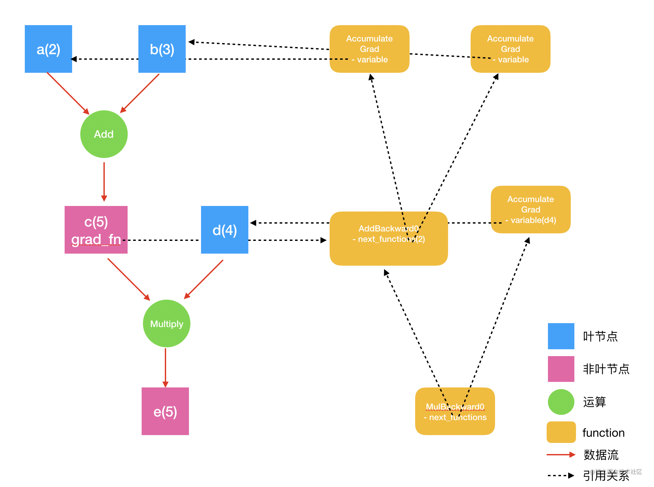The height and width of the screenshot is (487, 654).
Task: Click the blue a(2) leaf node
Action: (x=48, y=49)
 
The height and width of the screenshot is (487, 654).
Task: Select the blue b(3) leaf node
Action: (x=162, y=49)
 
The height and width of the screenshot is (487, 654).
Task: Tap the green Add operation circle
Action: (x=104, y=134)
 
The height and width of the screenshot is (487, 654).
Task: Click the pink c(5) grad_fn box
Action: (x=96, y=230)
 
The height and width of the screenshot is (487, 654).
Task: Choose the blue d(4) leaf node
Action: (x=225, y=230)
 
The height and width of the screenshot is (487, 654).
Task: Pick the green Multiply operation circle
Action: (x=166, y=323)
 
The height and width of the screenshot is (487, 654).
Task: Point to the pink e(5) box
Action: (x=165, y=411)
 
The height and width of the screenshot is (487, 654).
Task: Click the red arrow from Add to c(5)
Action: (x=104, y=182)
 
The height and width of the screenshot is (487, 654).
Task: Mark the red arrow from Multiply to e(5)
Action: (x=165, y=368)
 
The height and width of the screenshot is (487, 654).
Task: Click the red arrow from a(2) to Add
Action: (x=68, y=93)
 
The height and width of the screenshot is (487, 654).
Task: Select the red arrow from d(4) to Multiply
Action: (x=204, y=279)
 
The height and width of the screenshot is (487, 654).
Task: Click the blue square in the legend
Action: (x=561, y=336)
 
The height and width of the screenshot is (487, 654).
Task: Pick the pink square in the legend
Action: (x=561, y=369)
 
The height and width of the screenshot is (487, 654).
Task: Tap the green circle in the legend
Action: (x=561, y=402)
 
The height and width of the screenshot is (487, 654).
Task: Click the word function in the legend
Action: (x=603, y=432)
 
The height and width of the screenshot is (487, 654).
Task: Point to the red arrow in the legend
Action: (x=561, y=454)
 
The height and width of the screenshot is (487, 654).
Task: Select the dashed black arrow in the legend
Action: (x=561, y=476)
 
